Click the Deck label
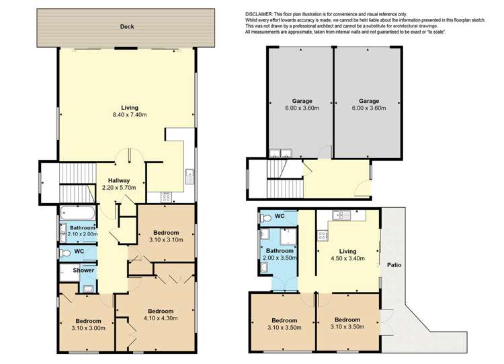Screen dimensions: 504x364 (x=127, y=27)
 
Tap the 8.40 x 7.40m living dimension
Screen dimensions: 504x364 (x=130, y=115)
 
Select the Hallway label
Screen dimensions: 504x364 (x=118, y=180)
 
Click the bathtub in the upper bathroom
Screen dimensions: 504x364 (x=77, y=213)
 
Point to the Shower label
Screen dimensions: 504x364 (x=83, y=270)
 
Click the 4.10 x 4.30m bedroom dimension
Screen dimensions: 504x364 (x=161, y=318)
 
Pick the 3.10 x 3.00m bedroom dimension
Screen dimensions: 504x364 (x=89, y=328)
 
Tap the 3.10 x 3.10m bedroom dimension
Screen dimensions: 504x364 (x=166, y=240)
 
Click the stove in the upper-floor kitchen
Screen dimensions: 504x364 (x=167, y=197)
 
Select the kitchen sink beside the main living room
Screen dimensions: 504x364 (x=190, y=176)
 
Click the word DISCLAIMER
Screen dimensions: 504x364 (x=259, y=14)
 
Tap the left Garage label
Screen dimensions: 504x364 (x=302, y=101)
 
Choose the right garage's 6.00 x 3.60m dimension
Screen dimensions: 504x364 (x=369, y=108)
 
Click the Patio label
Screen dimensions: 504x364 (x=394, y=265)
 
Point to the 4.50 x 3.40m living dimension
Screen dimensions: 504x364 (x=348, y=258)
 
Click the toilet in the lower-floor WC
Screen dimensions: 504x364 (x=265, y=218)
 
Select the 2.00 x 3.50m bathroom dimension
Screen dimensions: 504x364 (x=280, y=258)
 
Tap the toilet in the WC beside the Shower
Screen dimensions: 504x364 (x=65, y=253)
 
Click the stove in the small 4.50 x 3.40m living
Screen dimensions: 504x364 (x=323, y=235)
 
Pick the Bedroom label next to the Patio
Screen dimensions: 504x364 (x=347, y=320)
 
